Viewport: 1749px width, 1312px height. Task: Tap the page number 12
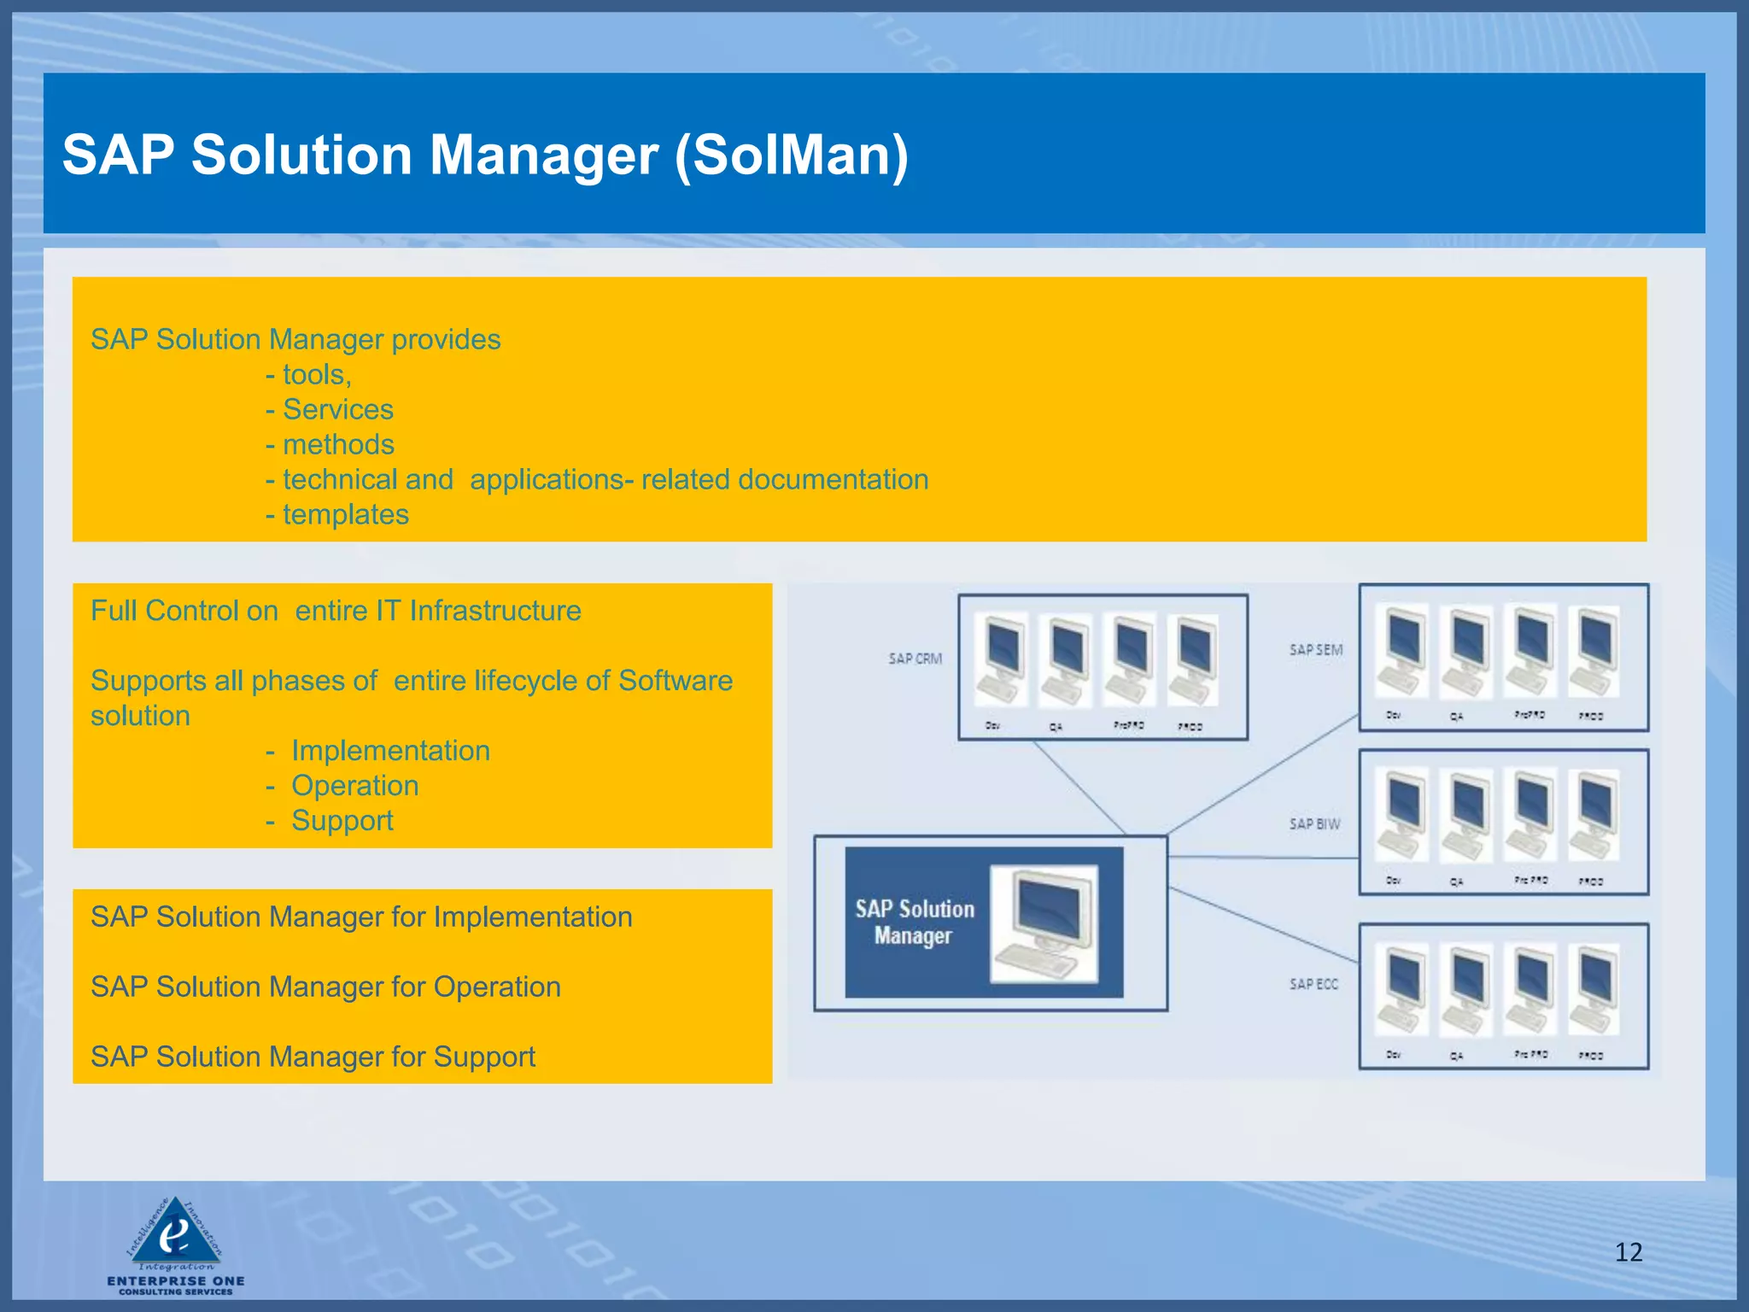pos(1628,1252)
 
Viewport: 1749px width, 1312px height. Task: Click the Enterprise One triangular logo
pos(175,1233)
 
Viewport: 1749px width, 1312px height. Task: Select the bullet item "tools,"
pos(316,374)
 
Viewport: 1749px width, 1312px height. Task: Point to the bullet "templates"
pos(345,514)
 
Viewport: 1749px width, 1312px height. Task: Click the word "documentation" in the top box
pos(833,479)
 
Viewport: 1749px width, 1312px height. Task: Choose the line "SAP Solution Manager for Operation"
pos(325,987)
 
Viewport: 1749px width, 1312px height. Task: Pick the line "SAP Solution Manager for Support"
pos(313,1057)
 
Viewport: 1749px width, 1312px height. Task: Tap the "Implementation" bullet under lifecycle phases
pos(390,750)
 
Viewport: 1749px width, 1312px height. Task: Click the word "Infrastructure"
pos(495,611)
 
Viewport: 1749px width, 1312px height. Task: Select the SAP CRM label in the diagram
pos(915,659)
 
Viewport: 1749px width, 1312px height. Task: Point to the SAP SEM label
pos(1315,650)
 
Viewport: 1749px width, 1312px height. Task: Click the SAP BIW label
pos(1314,823)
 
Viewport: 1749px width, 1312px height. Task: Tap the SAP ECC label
pos(1313,984)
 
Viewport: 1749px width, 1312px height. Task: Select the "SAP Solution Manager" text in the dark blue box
pos(914,922)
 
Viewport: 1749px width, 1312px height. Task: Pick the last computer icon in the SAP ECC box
pos(1594,991)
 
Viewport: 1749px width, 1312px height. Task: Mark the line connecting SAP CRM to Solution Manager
pos(1079,787)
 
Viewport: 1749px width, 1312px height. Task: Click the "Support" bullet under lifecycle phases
pos(342,820)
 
